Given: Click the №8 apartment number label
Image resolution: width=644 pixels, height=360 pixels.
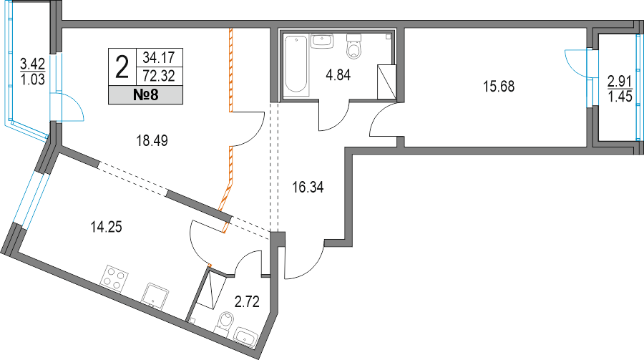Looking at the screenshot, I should tap(146, 95).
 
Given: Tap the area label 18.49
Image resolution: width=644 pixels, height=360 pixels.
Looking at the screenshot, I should tap(152, 141).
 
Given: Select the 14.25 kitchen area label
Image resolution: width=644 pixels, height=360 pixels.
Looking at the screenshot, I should tap(106, 228).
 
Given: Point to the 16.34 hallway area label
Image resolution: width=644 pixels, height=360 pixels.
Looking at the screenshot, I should tap(308, 188).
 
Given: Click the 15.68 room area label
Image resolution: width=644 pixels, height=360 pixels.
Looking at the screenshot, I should tap(499, 87).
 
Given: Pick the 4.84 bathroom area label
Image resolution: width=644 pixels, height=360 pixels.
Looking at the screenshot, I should tap(338, 75).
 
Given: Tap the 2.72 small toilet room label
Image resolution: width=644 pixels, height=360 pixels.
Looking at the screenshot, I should tap(247, 301).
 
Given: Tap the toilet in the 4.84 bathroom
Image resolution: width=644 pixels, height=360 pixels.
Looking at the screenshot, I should tap(354, 47).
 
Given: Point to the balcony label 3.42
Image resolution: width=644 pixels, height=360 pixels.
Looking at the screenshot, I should tap(32, 64).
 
